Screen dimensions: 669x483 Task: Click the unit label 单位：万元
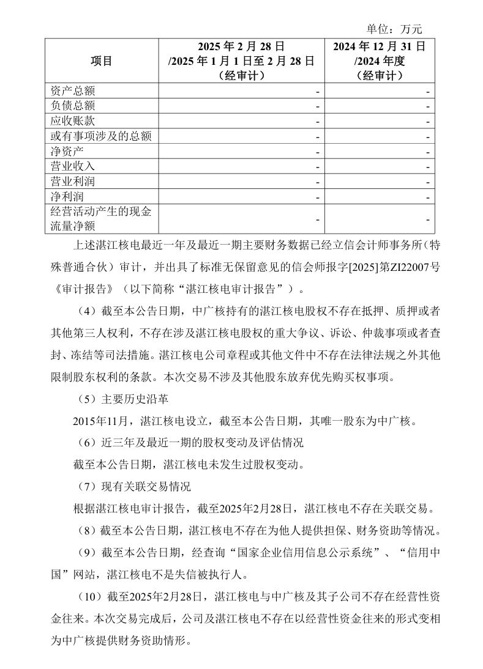click(394, 29)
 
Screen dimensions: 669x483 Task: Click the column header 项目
click(102, 61)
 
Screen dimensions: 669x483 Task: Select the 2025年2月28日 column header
click(241, 61)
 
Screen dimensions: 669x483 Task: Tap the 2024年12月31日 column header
click(380, 61)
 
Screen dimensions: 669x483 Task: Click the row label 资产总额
click(72, 91)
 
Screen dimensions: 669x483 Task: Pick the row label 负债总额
click(72, 106)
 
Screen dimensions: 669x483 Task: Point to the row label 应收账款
click(72, 120)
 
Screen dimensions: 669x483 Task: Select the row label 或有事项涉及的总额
click(100, 136)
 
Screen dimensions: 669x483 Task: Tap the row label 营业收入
click(72, 166)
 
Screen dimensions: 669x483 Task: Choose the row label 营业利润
click(72, 182)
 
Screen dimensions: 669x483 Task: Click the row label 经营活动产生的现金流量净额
click(100, 219)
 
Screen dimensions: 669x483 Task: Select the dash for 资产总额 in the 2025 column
click(318, 91)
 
